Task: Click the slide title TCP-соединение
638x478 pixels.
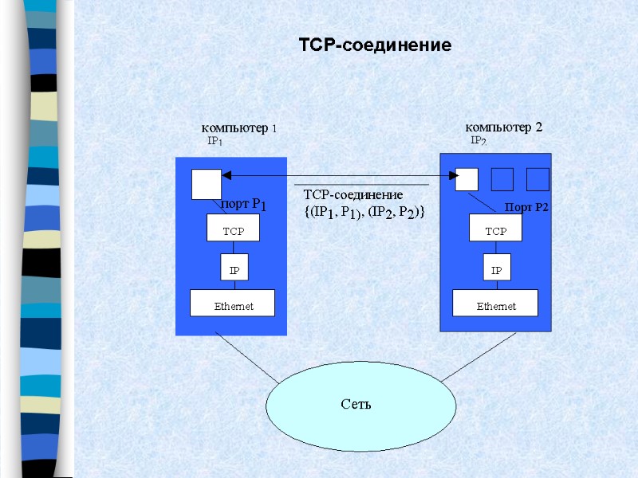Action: point(375,45)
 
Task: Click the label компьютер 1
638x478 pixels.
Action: point(239,127)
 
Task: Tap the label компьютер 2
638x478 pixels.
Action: point(503,127)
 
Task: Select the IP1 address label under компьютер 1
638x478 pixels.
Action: point(215,141)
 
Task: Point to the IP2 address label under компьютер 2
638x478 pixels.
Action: point(478,141)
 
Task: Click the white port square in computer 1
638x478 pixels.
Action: point(207,184)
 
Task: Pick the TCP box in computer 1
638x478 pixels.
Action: point(234,231)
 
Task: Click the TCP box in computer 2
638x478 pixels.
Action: point(496,231)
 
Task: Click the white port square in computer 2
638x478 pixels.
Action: point(467,180)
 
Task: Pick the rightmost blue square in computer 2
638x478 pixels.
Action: point(538,180)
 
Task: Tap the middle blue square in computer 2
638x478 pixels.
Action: point(502,180)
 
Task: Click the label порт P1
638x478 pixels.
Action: point(243,205)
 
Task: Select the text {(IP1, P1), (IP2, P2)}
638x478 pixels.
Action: point(364,212)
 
